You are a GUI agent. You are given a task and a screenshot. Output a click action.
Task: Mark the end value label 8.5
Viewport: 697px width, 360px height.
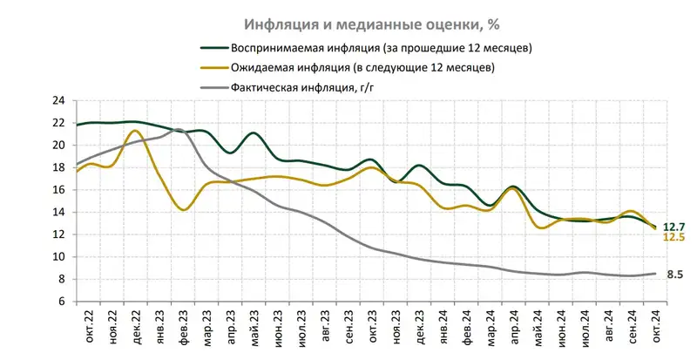(x=673, y=275)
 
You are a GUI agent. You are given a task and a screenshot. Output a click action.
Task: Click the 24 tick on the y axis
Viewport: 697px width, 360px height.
(x=60, y=100)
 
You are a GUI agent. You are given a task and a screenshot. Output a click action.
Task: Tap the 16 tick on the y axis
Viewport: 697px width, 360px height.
(x=60, y=190)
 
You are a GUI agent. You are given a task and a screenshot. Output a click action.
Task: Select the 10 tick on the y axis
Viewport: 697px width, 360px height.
(x=60, y=257)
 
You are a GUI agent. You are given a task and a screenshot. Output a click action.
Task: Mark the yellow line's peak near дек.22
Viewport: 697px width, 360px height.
(x=134, y=131)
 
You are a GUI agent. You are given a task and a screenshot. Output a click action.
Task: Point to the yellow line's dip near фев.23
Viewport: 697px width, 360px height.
(x=183, y=209)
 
